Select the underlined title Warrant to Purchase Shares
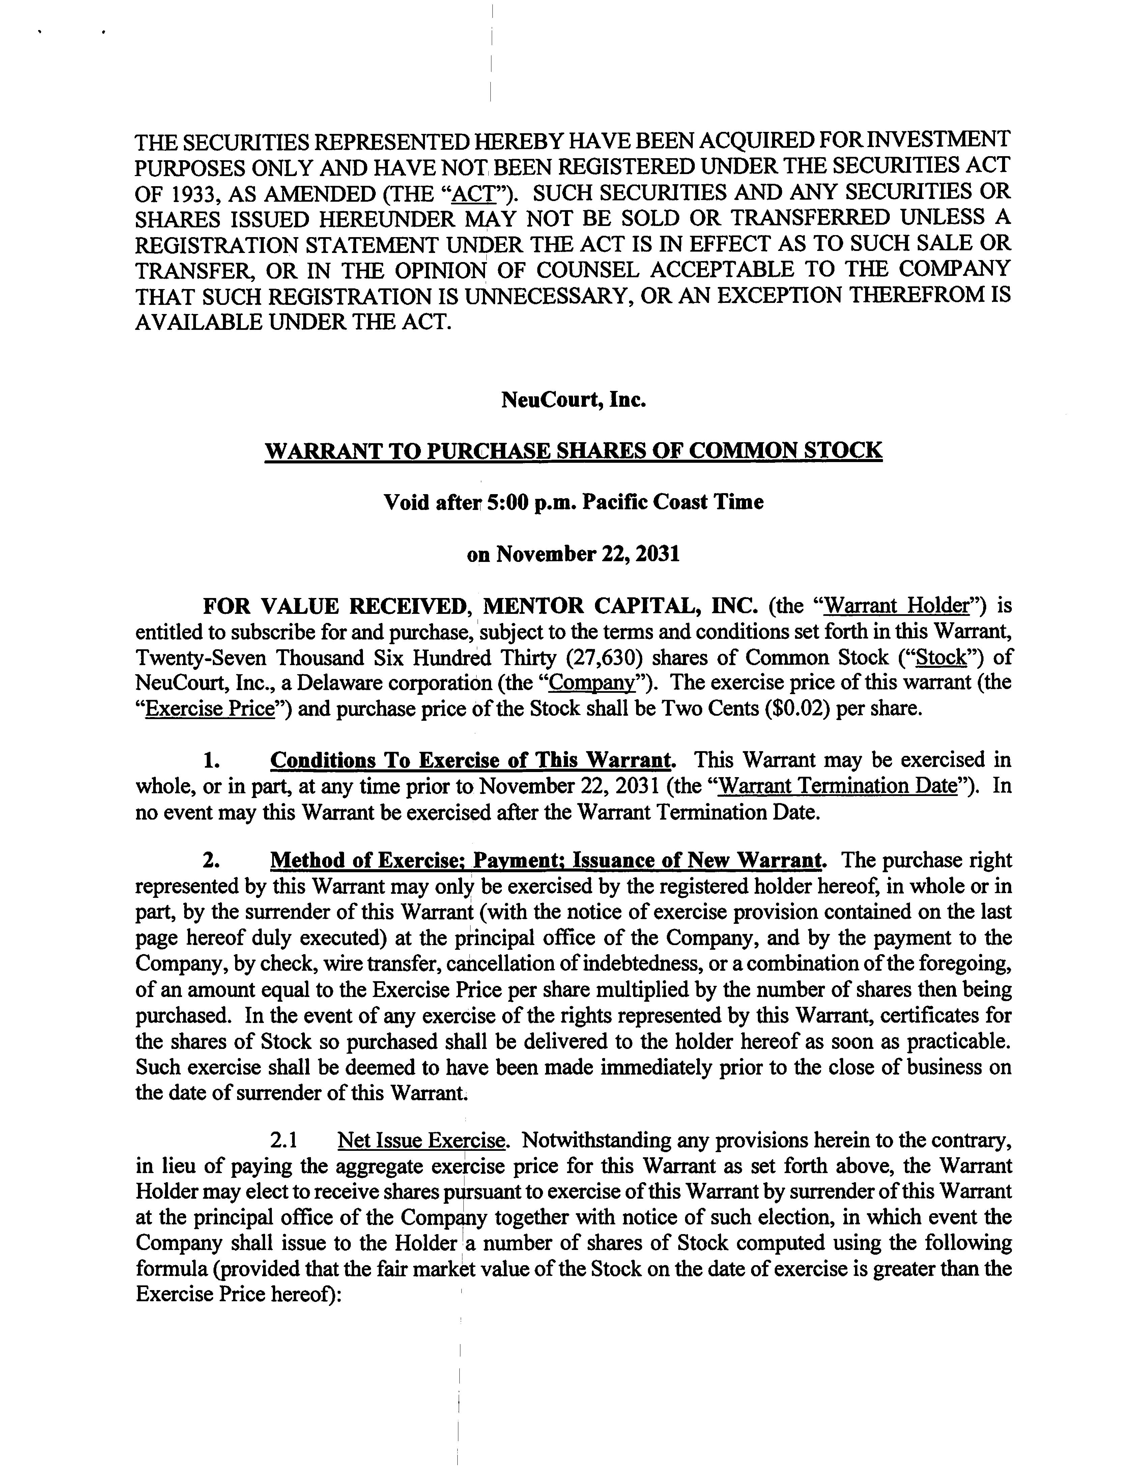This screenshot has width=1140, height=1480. pos(573,451)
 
